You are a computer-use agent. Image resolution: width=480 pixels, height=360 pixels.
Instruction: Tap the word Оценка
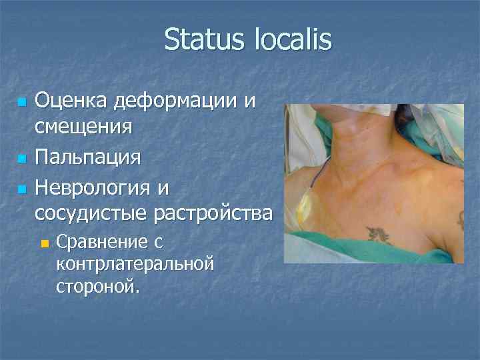pyautogui.click(x=71, y=102)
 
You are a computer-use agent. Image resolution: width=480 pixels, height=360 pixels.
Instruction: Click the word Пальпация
pyautogui.click(x=87, y=158)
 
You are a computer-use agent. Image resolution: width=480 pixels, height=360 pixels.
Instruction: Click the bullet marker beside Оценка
pyautogui.click(x=21, y=103)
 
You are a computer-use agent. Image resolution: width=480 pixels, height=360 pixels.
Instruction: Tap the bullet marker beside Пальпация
pyautogui.click(x=21, y=159)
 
